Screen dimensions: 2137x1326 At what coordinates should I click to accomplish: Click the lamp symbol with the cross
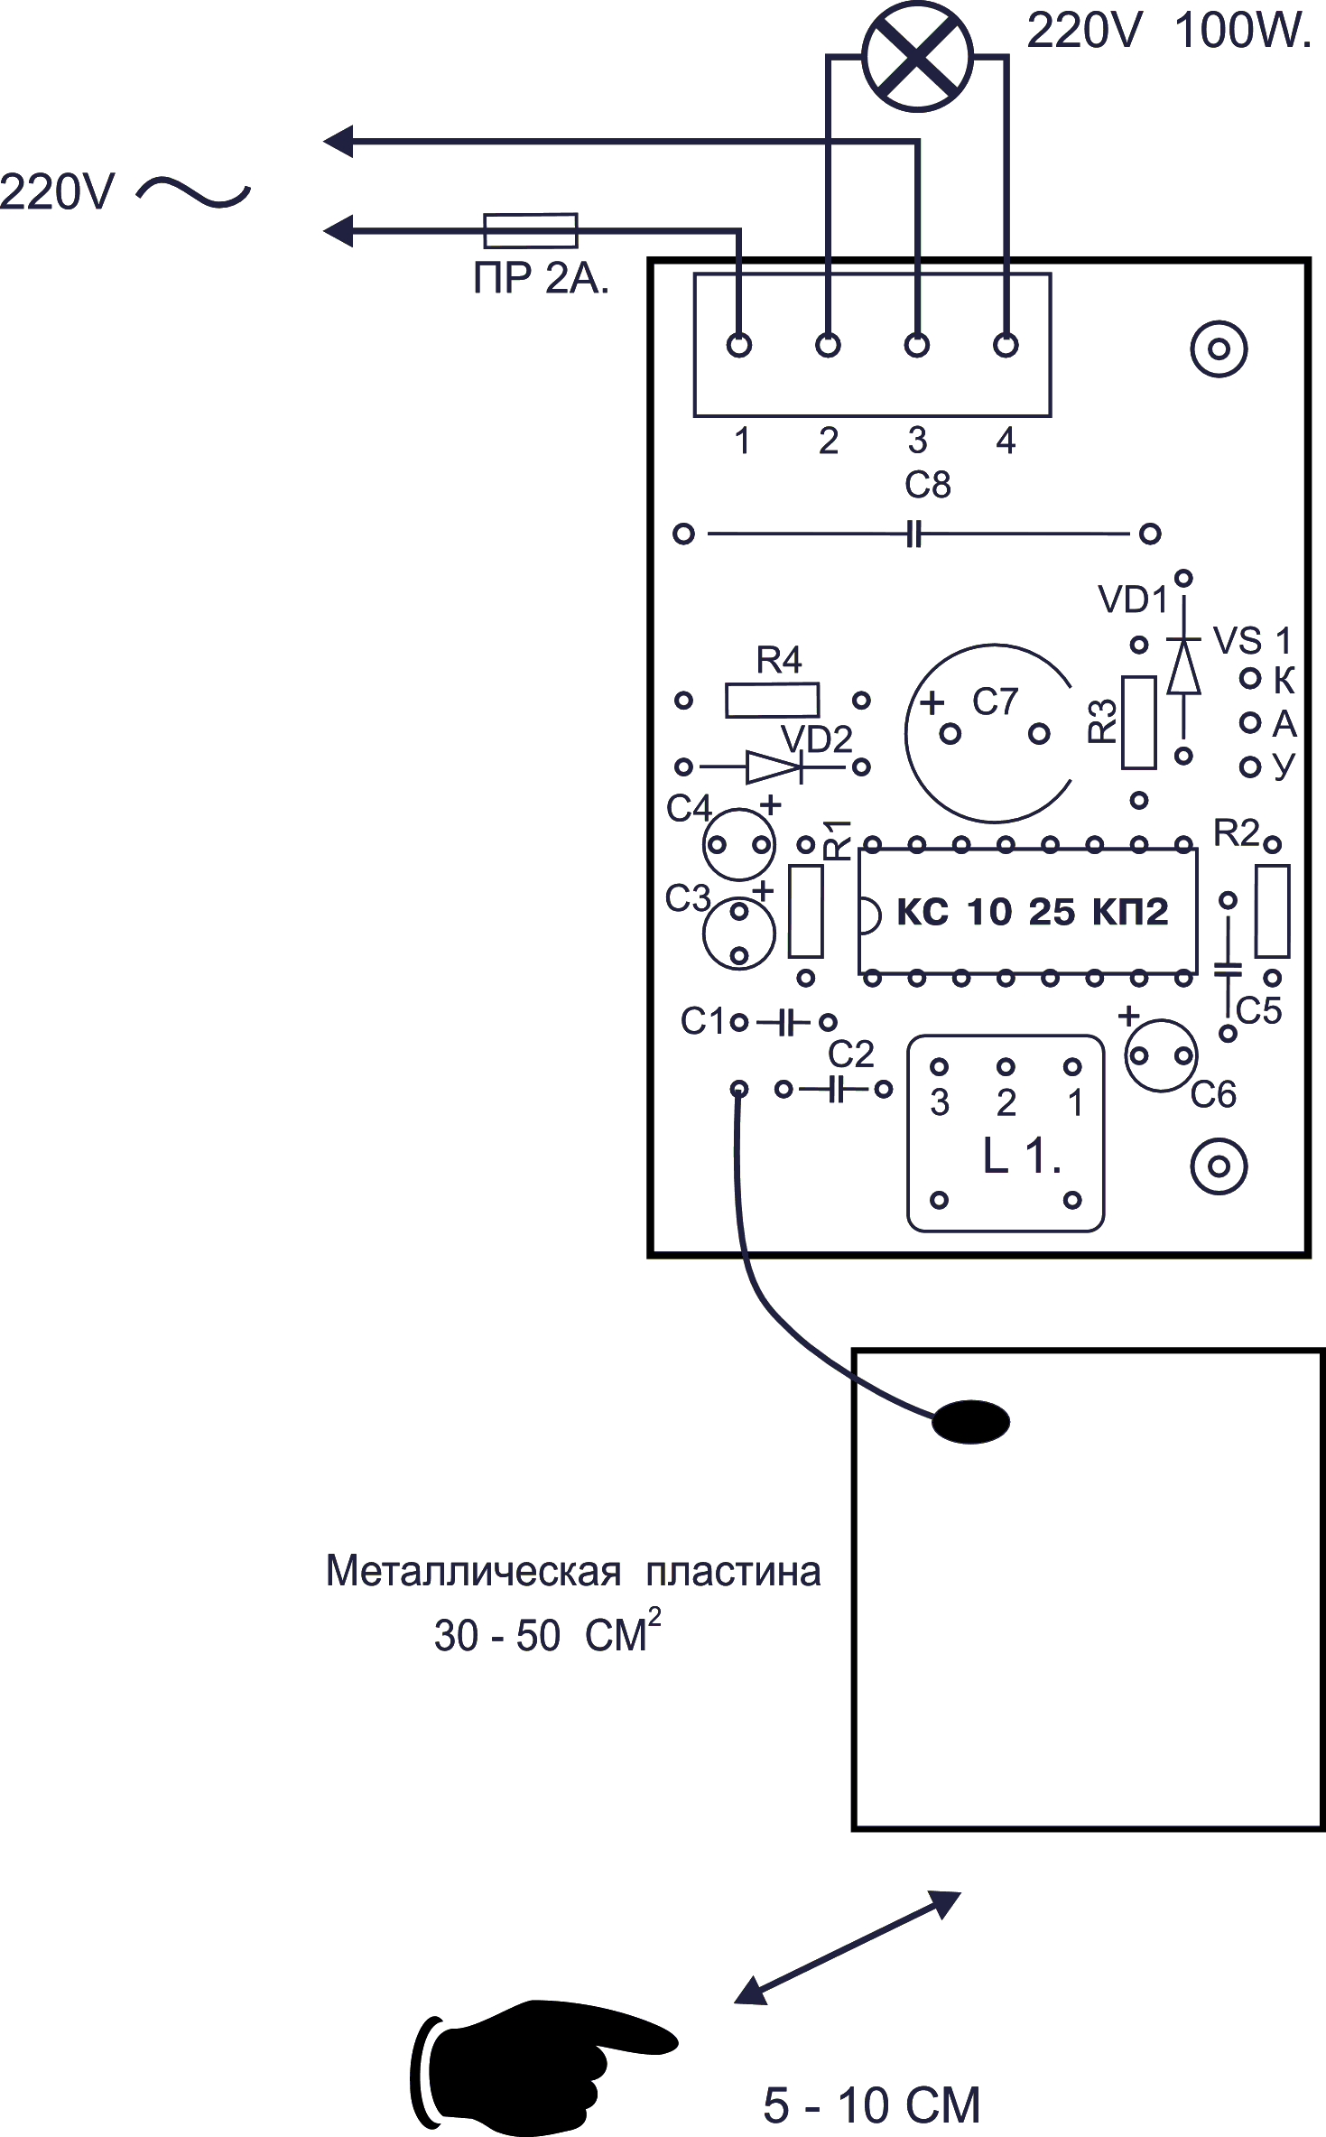click(917, 55)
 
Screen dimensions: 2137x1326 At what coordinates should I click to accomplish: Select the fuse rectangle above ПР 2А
click(531, 230)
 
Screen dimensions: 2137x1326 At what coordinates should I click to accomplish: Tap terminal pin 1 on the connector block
click(739, 345)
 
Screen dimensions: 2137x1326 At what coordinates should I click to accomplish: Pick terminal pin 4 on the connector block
click(1006, 345)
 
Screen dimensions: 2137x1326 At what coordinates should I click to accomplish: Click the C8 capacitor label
click(927, 486)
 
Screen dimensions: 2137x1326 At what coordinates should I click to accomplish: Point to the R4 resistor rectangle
click(772, 701)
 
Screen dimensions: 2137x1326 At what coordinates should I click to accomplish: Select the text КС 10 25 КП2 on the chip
click(1032, 913)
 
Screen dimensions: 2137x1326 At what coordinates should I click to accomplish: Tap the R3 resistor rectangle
click(1138, 722)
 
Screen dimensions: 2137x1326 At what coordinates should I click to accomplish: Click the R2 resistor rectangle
click(1272, 911)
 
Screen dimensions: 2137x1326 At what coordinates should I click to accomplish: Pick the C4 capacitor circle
click(739, 845)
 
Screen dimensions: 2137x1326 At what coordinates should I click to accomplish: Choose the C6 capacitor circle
click(1161, 1055)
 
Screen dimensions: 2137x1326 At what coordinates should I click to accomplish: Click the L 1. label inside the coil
click(1021, 1157)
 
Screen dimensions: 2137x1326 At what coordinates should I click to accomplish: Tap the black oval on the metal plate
click(970, 1422)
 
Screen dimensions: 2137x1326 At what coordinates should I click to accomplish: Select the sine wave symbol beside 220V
click(193, 191)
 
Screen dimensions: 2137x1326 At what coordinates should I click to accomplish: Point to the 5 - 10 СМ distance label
click(871, 2105)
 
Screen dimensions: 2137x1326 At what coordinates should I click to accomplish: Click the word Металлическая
click(473, 1572)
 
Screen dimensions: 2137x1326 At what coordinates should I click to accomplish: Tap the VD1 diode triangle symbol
click(1183, 668)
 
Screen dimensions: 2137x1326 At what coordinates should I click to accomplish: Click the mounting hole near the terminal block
click(1219, 348)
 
